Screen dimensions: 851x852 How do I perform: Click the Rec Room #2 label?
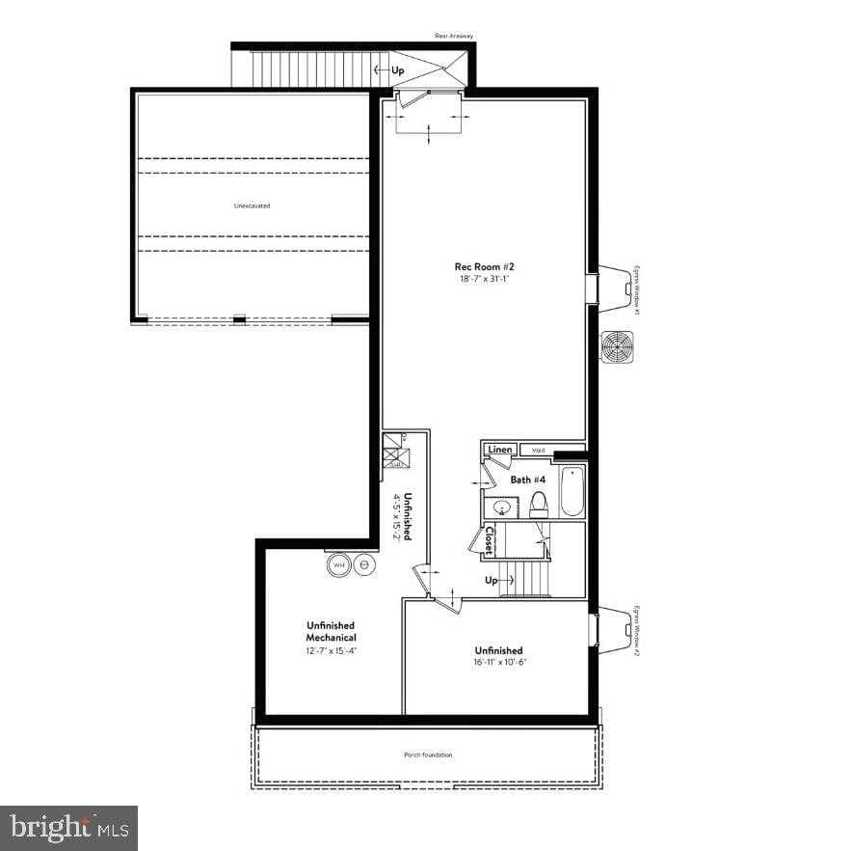click(x=483, y=267)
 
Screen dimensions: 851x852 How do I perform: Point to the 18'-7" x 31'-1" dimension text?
click(x=483, y=279)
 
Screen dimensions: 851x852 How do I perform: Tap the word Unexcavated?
click(x=252, y=206)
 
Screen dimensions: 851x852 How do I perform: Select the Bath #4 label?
click(x=528, y=480)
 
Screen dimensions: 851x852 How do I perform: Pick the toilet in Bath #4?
click(x=539, y=504)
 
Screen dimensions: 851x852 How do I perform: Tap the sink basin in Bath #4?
click(x=502, y=507)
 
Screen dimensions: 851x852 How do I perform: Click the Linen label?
click(x=499, y=450)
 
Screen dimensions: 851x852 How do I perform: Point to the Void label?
click(x=538, y=450)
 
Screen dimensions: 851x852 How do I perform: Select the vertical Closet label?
click(x=489, y=541)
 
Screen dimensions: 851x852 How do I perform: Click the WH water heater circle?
click(x=338, y=564)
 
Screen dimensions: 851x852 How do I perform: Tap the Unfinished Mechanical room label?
click(x=331, y=631)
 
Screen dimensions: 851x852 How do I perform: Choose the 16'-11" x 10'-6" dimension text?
click(x=498, y=662)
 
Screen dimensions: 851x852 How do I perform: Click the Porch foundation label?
click(x=428, y=755)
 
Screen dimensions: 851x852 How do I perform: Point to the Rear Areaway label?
click(x=455, y=36)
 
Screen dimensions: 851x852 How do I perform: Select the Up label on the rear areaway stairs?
click(x=397, y=70)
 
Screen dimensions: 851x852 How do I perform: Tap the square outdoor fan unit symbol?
click(x=616, y=346)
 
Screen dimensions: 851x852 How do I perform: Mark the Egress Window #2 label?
click(x=637, y=631)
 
